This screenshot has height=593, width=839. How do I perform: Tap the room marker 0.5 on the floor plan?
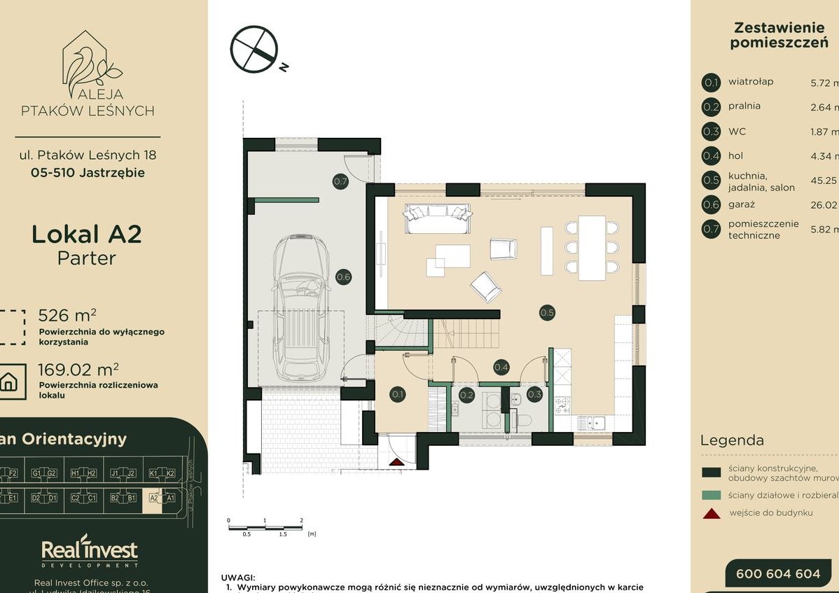point(547,313)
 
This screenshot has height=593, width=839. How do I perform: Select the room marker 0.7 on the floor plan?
point(340,182)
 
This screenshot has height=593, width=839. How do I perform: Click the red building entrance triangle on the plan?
point(397,461)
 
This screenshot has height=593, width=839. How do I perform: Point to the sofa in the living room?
point(436,218)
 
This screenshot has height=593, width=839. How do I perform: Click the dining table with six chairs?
point(592,248)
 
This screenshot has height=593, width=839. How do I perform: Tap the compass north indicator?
point(254,50)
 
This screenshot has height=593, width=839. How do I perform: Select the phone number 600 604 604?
point(777,573)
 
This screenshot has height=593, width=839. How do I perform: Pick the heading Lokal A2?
point(87,234)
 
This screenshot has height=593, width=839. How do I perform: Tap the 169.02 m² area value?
point(78,368)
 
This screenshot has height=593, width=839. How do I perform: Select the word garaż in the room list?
point(742,204)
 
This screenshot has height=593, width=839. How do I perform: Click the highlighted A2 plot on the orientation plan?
point(153,498)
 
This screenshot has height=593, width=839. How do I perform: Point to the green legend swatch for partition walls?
point(711,495)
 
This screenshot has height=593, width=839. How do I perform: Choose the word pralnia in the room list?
point(744,106)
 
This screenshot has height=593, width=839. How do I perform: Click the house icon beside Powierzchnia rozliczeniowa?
point(9,382)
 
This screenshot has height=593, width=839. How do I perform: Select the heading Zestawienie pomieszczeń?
point(768,35)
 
